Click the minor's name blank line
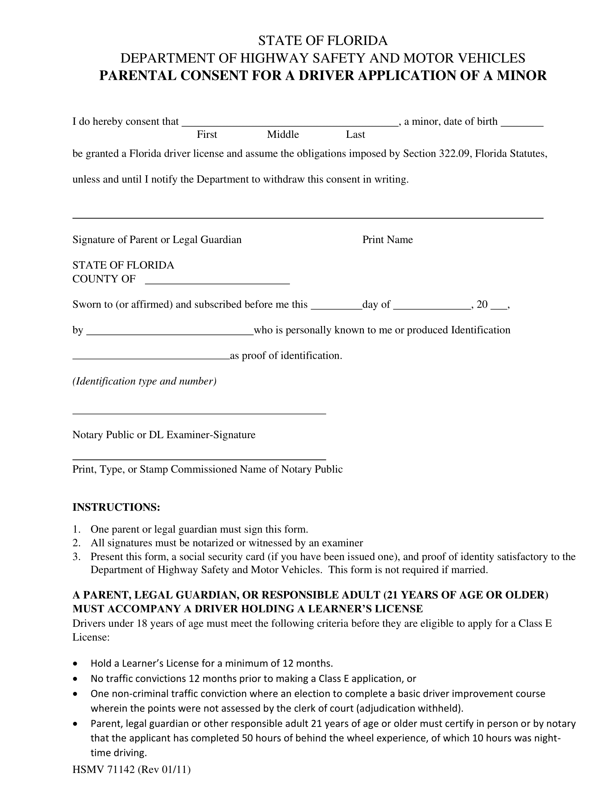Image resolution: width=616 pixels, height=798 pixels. (290, 124)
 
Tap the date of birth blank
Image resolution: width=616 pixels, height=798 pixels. (522, 124)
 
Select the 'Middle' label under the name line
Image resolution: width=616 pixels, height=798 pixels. (283, 135)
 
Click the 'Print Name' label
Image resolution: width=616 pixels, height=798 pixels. (387, 239)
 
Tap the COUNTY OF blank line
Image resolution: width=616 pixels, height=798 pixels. (217, 282)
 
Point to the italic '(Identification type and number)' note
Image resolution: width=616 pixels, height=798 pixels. (145, 381)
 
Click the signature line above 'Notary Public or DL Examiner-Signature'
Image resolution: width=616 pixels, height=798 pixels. (199, 413)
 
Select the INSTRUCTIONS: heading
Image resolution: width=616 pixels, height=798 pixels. (116, 507)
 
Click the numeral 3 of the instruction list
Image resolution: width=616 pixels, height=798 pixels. (76, 557)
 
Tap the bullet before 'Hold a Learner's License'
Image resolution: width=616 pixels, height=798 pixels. (75, 663)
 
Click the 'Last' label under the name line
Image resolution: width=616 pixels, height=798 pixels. (355, 135)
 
